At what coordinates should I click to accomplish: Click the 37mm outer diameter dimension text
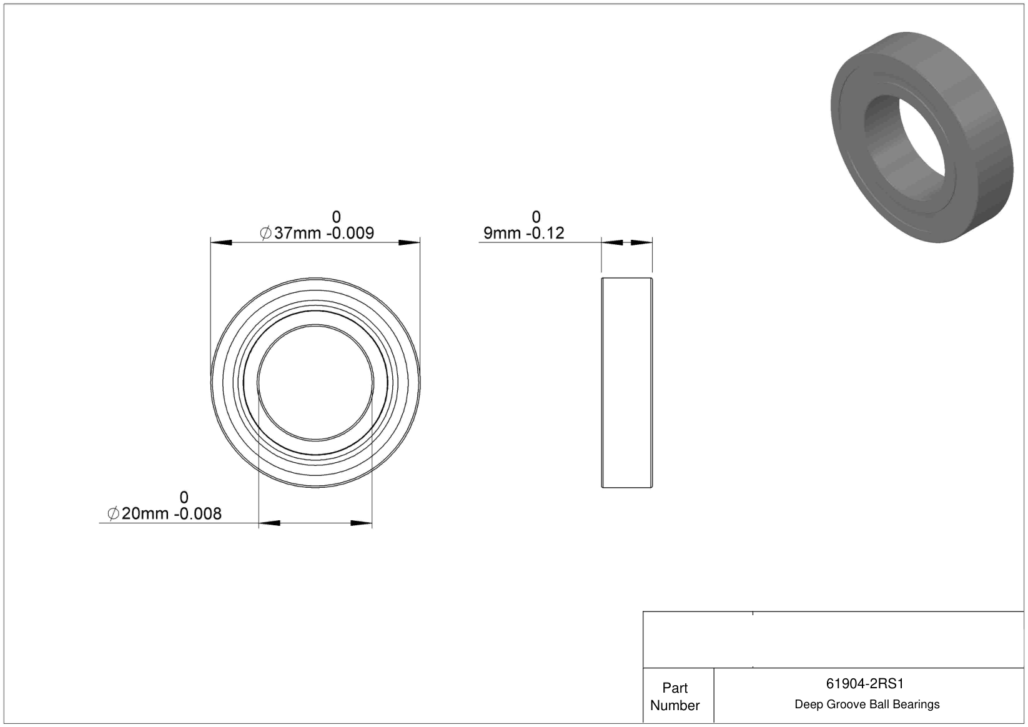pos(298,233)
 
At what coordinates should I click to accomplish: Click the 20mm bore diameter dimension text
pos(145,513)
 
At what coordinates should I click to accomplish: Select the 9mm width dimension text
pos(502,233)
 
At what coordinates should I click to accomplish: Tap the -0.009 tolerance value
pos(350,233)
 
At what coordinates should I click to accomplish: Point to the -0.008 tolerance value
pos(198,513)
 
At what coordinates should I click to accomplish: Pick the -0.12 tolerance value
pos(545,233)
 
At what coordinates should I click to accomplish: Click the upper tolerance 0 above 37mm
pos(337,217)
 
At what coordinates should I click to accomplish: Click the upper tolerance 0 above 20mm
pos(184,497)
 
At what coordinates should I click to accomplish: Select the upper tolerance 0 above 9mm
pos(536,217)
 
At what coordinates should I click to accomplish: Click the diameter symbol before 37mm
pos(265,233)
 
